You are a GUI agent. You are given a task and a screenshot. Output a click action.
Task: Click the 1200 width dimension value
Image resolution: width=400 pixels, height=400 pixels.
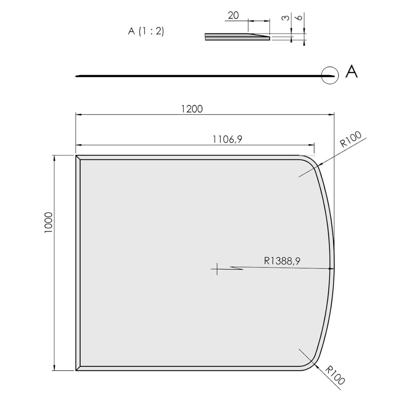[x=192, y=108]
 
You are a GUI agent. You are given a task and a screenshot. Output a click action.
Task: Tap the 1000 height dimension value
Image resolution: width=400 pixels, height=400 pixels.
[x=48, y=222]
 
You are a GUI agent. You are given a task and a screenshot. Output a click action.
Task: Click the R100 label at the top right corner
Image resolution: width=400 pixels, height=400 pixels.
[x=351, y=140]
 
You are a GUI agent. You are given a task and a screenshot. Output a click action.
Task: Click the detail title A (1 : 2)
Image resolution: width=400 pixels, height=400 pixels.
[x=146, y=32]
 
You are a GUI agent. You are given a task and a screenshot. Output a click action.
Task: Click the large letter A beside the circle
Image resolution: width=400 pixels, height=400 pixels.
[x=351, y=72]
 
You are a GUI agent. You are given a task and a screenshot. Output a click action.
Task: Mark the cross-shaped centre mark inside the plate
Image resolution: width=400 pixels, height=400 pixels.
[x=217, y=269]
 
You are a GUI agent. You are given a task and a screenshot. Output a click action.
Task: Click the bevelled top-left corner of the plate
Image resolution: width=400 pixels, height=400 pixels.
[x=78, y=158]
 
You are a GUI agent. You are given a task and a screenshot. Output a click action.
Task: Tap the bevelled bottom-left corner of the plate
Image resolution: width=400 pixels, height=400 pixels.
[x=78, y=368]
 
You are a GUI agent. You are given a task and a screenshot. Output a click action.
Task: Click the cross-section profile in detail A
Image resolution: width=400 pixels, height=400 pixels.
[x=236, y=37]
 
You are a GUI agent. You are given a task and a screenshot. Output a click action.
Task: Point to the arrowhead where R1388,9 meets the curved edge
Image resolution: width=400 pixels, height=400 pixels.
[x=329, y=269]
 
